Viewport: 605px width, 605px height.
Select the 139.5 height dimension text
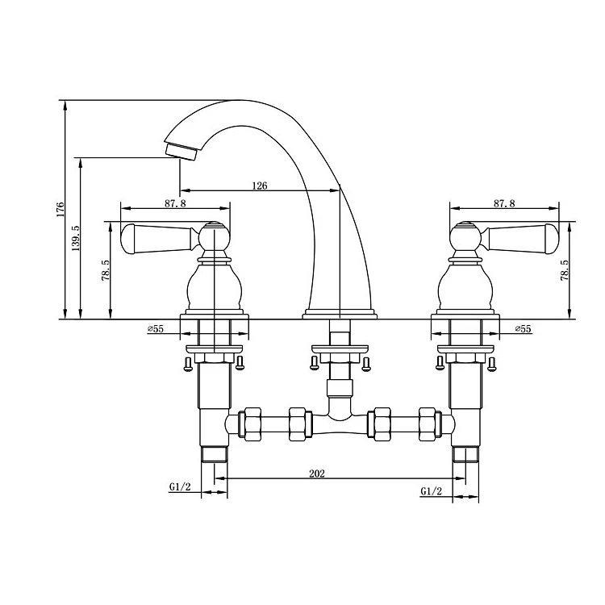[x=75, y=240]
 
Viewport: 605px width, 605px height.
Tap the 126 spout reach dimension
[x=259, y=186]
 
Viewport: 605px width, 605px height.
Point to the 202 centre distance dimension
[x=316, y=474]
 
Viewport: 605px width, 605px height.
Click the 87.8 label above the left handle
[x=175, y=204]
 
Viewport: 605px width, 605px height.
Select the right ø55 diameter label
[x=523, y=329]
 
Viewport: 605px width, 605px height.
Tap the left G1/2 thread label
[x=179, y=486]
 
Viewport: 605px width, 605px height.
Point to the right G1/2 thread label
[x=431, y=490]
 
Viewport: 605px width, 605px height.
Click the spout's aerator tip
[x=181, y=151]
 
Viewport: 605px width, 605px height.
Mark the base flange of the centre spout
[x=340, y=314]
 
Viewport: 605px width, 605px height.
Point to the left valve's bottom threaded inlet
[x=214, y=453]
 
